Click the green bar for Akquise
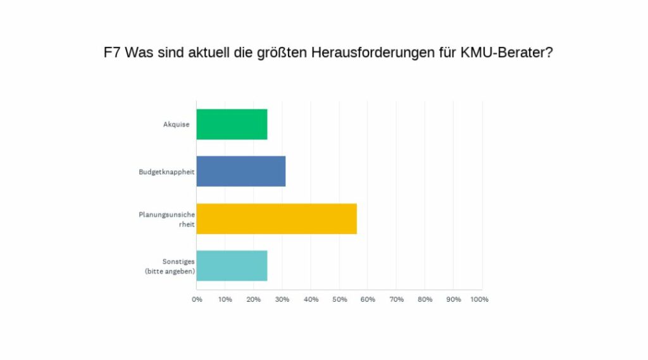coord(232,124)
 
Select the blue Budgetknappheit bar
coord(240,171)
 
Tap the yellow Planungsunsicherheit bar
coord(276,219)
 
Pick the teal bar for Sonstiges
coord(232,266)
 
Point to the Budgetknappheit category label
coord(166,171)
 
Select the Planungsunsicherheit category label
coord(166,219)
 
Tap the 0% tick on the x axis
coord(197,299)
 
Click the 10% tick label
coord(225,299)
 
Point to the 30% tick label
coord(282,299)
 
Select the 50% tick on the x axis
coord(339,299)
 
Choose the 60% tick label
coord(368,299)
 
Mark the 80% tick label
coord(425,299)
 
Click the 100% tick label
coord(479,299)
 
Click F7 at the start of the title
coord(112,53)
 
